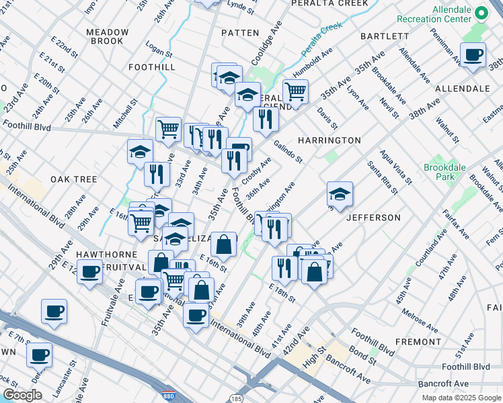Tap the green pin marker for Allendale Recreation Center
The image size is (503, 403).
pos(481,13)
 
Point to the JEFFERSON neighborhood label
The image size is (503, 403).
pos(373,218)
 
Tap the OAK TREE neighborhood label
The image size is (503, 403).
pos(73,179)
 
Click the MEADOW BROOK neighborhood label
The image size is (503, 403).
pos(108,36)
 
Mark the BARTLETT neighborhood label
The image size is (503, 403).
pos(384,36)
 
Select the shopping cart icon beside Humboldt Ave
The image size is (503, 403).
pos(295,91)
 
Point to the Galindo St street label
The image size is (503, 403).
pos(289,152)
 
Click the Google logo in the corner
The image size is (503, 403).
pos(22,395)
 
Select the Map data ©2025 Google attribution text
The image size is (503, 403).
pos(461,398)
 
